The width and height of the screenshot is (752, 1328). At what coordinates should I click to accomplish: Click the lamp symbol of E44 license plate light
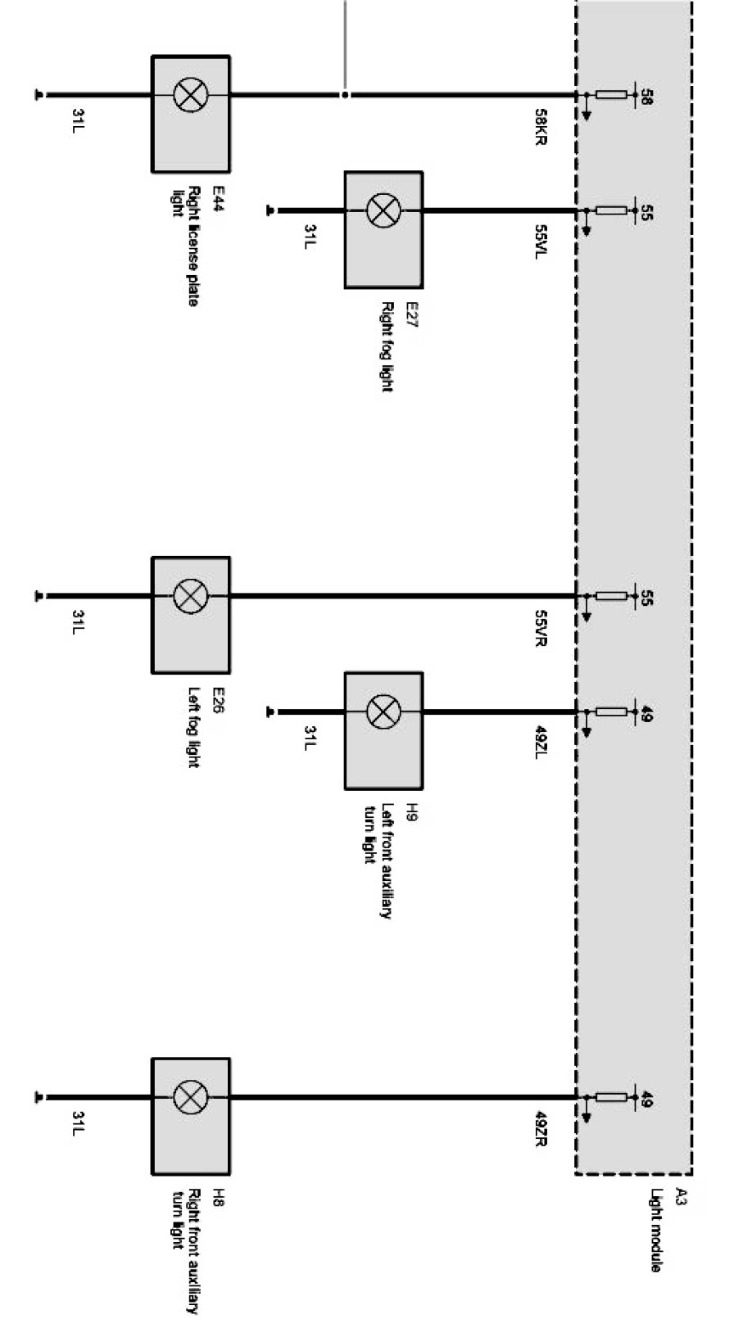coord(191,95)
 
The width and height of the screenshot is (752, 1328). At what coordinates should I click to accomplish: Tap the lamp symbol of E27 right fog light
coord(383,210)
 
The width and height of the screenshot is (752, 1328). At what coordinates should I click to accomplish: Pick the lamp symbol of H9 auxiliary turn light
coord(383,711)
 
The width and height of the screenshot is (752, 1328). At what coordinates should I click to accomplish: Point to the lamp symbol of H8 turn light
coord(191,1096)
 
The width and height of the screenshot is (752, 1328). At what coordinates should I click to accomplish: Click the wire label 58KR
coord(540,127)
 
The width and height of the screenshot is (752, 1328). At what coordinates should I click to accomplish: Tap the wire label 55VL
coord(540,242)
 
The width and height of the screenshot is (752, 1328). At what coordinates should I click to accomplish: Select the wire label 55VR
coord(540,628)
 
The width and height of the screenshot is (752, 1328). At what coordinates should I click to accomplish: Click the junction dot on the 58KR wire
coord(345,95)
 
